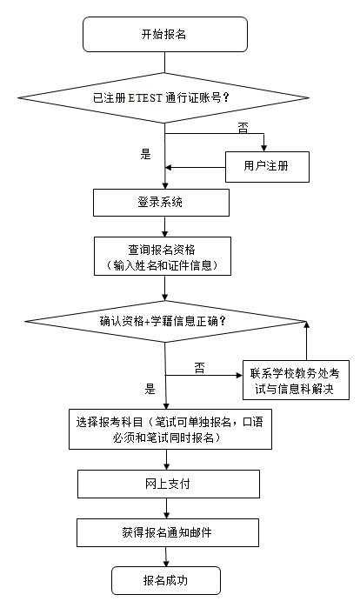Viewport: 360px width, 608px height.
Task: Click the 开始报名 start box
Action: (x=163, y=35)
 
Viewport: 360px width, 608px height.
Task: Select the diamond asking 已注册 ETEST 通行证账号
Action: (x=163, y=97)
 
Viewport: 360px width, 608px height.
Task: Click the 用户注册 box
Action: (x=267, y=166)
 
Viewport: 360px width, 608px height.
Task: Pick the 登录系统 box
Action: (x=162, y=202)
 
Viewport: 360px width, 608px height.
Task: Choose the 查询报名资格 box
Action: (x=162, y=257)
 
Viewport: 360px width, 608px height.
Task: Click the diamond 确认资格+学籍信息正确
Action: (x=163, y=319)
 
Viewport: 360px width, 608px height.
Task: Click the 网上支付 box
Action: (x=163, y=484)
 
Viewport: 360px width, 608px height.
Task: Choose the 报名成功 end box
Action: (x=163, y=578)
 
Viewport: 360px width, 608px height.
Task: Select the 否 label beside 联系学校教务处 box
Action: (x=199, y=366)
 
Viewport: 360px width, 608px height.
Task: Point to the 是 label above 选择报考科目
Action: (x=150, y=389)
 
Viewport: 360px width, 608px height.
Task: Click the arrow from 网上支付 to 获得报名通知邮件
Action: (x=163, y=507)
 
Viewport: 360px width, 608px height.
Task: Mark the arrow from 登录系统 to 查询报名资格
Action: (x=163, y=225)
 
